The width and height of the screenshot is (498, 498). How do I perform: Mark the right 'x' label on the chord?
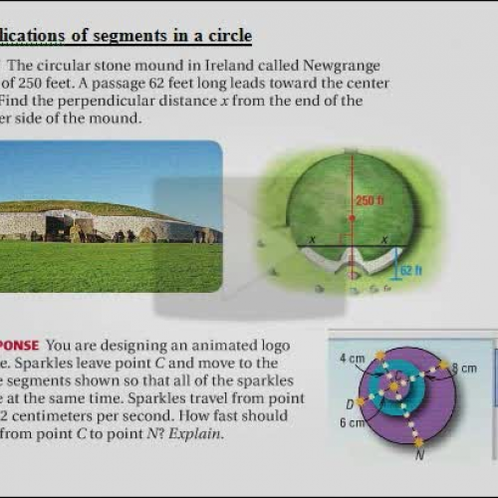(384, 240)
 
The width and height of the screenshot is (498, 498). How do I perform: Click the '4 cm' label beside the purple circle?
(351, 357)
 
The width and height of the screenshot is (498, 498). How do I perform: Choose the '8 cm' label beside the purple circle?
(464, 369)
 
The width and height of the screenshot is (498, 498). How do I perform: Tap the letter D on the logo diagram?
(349, 403)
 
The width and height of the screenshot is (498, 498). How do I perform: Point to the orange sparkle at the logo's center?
(394, 384)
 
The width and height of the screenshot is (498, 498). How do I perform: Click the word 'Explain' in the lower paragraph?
(200, 434)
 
